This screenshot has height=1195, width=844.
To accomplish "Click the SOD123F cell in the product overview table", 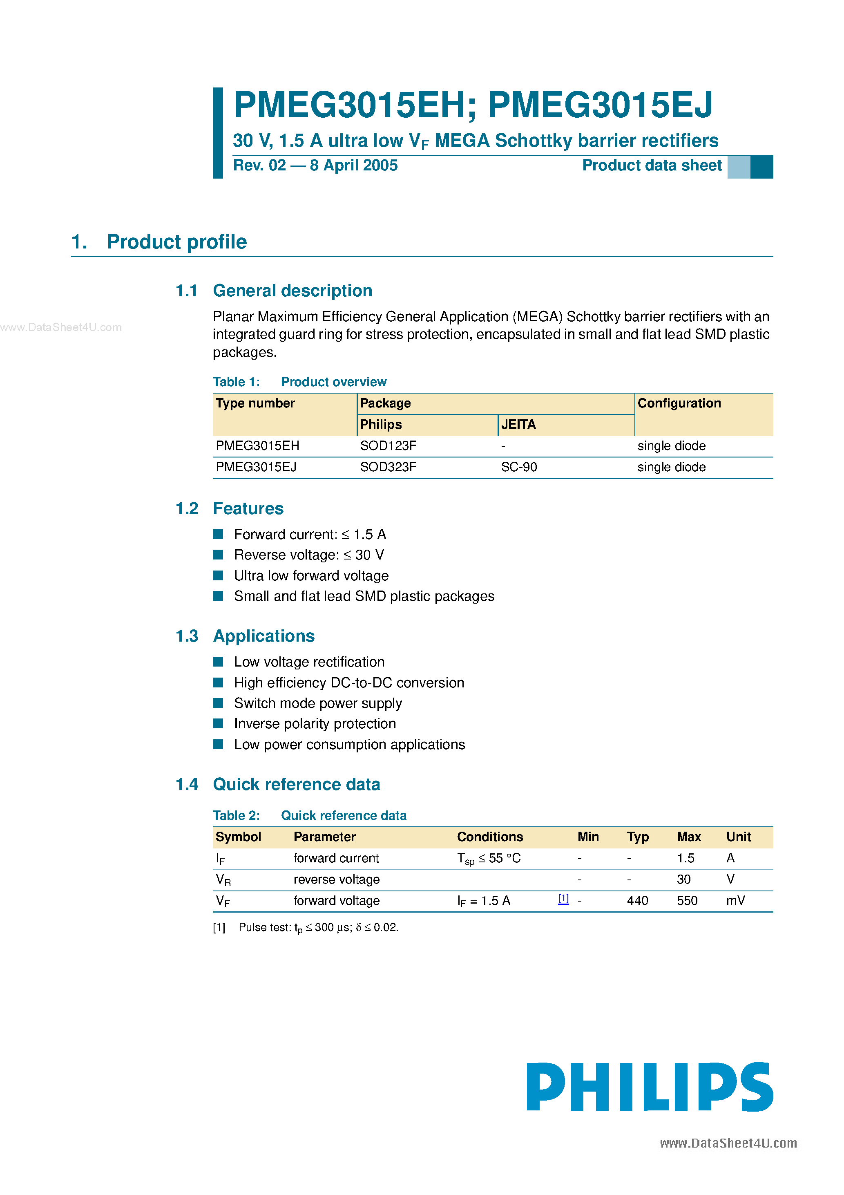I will click(x=388, y=445).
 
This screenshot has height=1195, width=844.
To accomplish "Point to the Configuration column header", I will click(x=679, y=403).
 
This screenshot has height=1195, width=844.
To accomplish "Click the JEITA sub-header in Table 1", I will click(x=518, y=425).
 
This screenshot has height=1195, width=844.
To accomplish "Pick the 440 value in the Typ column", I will click(x=637, y=900).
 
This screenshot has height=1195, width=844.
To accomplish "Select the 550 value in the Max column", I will click(x=687, y=900).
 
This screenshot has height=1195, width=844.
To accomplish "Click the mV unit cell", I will click(x=735, y=900).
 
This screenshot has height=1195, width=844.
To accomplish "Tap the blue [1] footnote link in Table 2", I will click(x=563, y=898).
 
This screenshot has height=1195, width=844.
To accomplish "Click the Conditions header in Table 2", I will click(x=490, y=837).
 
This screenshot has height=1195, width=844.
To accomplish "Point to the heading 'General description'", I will click(x=292, y=291).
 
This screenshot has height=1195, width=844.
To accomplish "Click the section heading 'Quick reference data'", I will click(x=297, y=784).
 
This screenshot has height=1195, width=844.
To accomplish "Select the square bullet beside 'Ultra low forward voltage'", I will click(x=219, y=575).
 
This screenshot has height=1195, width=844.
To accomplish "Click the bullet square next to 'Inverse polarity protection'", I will click(x=219, y=723).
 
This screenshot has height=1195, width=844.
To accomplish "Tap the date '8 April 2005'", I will click(x=354, y=166).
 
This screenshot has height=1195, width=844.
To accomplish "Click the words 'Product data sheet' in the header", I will click(x=652, y=166).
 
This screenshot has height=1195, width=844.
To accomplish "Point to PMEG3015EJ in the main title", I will click(x=600, y=105).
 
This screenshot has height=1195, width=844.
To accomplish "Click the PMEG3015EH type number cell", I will click(x=257, y=445).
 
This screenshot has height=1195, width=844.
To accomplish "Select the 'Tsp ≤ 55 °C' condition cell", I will click(x=489, y=858).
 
